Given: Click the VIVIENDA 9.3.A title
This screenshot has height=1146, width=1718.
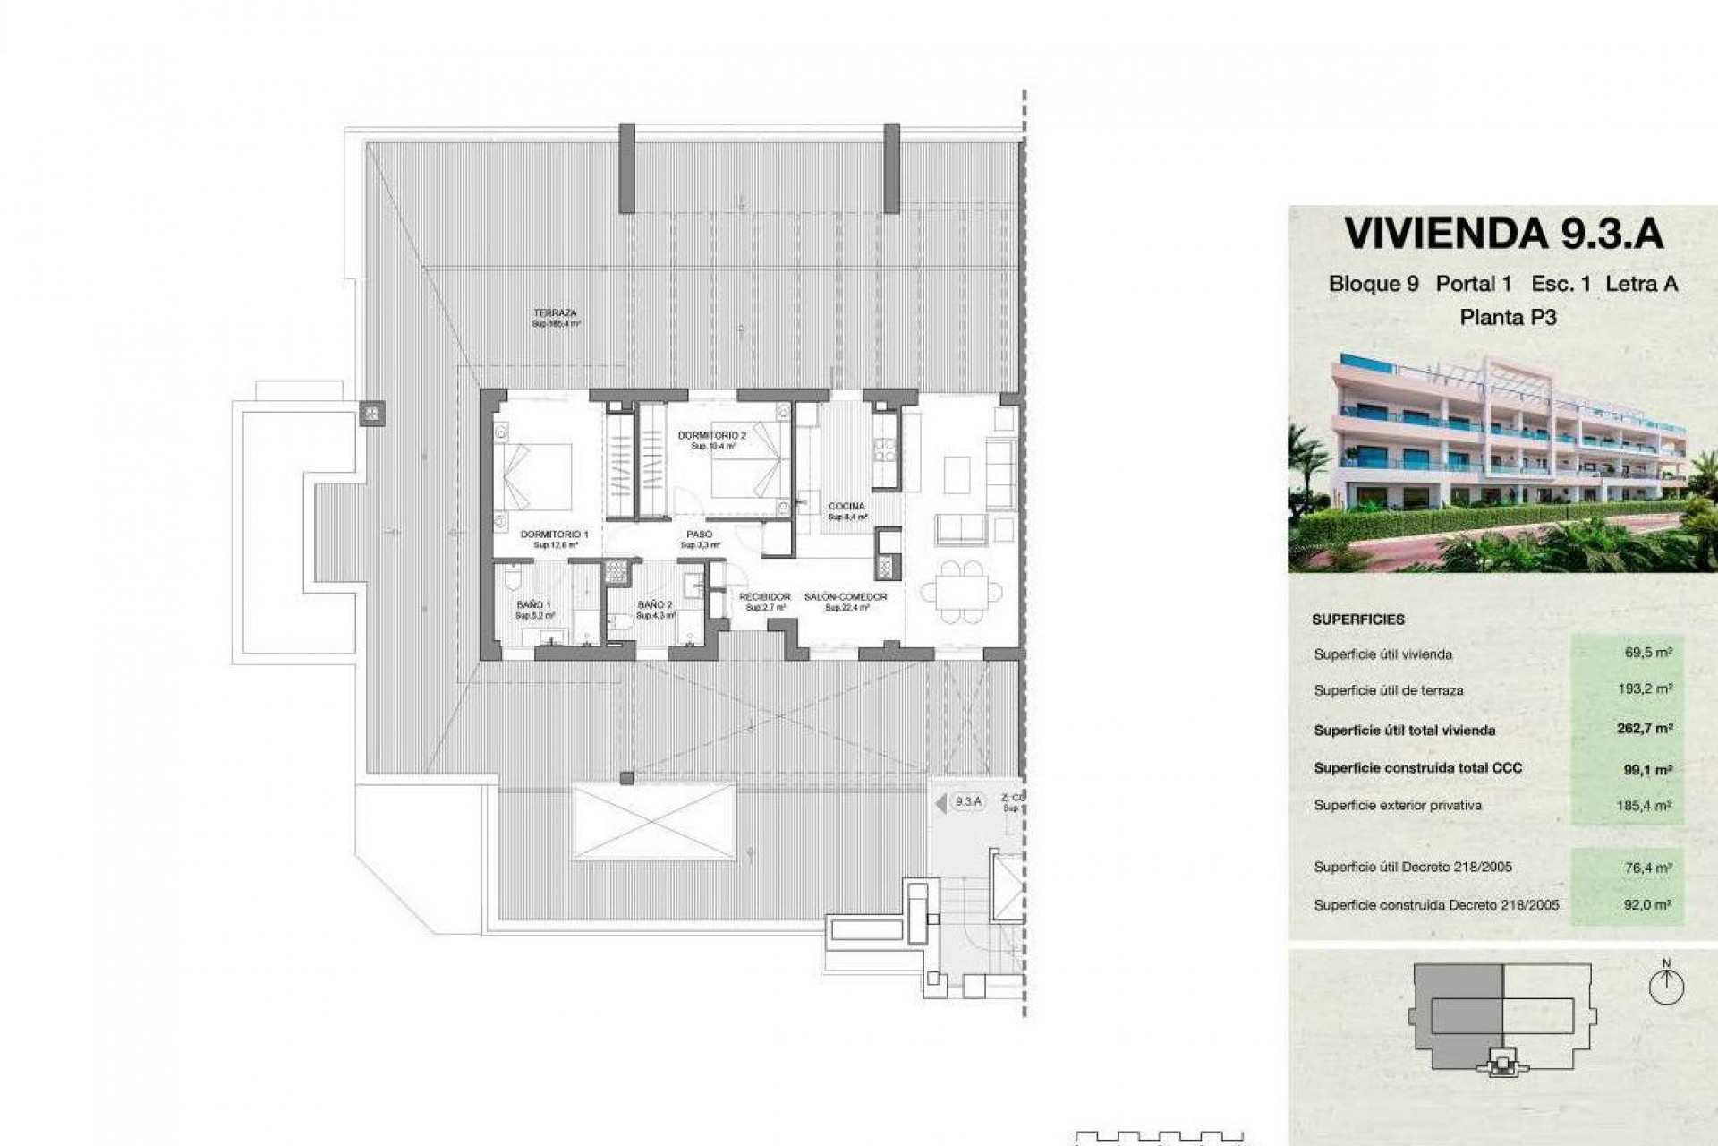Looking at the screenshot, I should pos(1503,234).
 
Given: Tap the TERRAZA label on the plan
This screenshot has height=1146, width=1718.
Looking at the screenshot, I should pos(555,313).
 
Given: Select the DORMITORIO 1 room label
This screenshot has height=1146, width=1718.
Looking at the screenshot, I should pos(555,535).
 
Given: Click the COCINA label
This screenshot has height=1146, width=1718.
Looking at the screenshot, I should pos(846,507).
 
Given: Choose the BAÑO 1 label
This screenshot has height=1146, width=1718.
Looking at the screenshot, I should pos(534,605).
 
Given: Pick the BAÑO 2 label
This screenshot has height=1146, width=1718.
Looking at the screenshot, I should pos(655,605).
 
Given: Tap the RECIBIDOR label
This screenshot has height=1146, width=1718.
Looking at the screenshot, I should pos(765,597).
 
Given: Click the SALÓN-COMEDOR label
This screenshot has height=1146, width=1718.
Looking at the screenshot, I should pos(846,597).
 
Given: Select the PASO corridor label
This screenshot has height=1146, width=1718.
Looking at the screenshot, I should pos(700,535).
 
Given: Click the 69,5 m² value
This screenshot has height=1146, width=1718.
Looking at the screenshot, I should pos(1648,654).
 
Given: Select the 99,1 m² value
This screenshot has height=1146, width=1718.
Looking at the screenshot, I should pos(1648,769).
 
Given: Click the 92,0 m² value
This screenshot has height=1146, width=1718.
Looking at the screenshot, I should pos(1648,905).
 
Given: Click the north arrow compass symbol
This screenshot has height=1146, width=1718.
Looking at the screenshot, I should pos(1666,986).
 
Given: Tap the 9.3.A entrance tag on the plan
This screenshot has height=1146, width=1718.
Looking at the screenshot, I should pos(968,802).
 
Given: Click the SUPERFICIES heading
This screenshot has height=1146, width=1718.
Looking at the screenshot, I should pos(1358,620).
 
